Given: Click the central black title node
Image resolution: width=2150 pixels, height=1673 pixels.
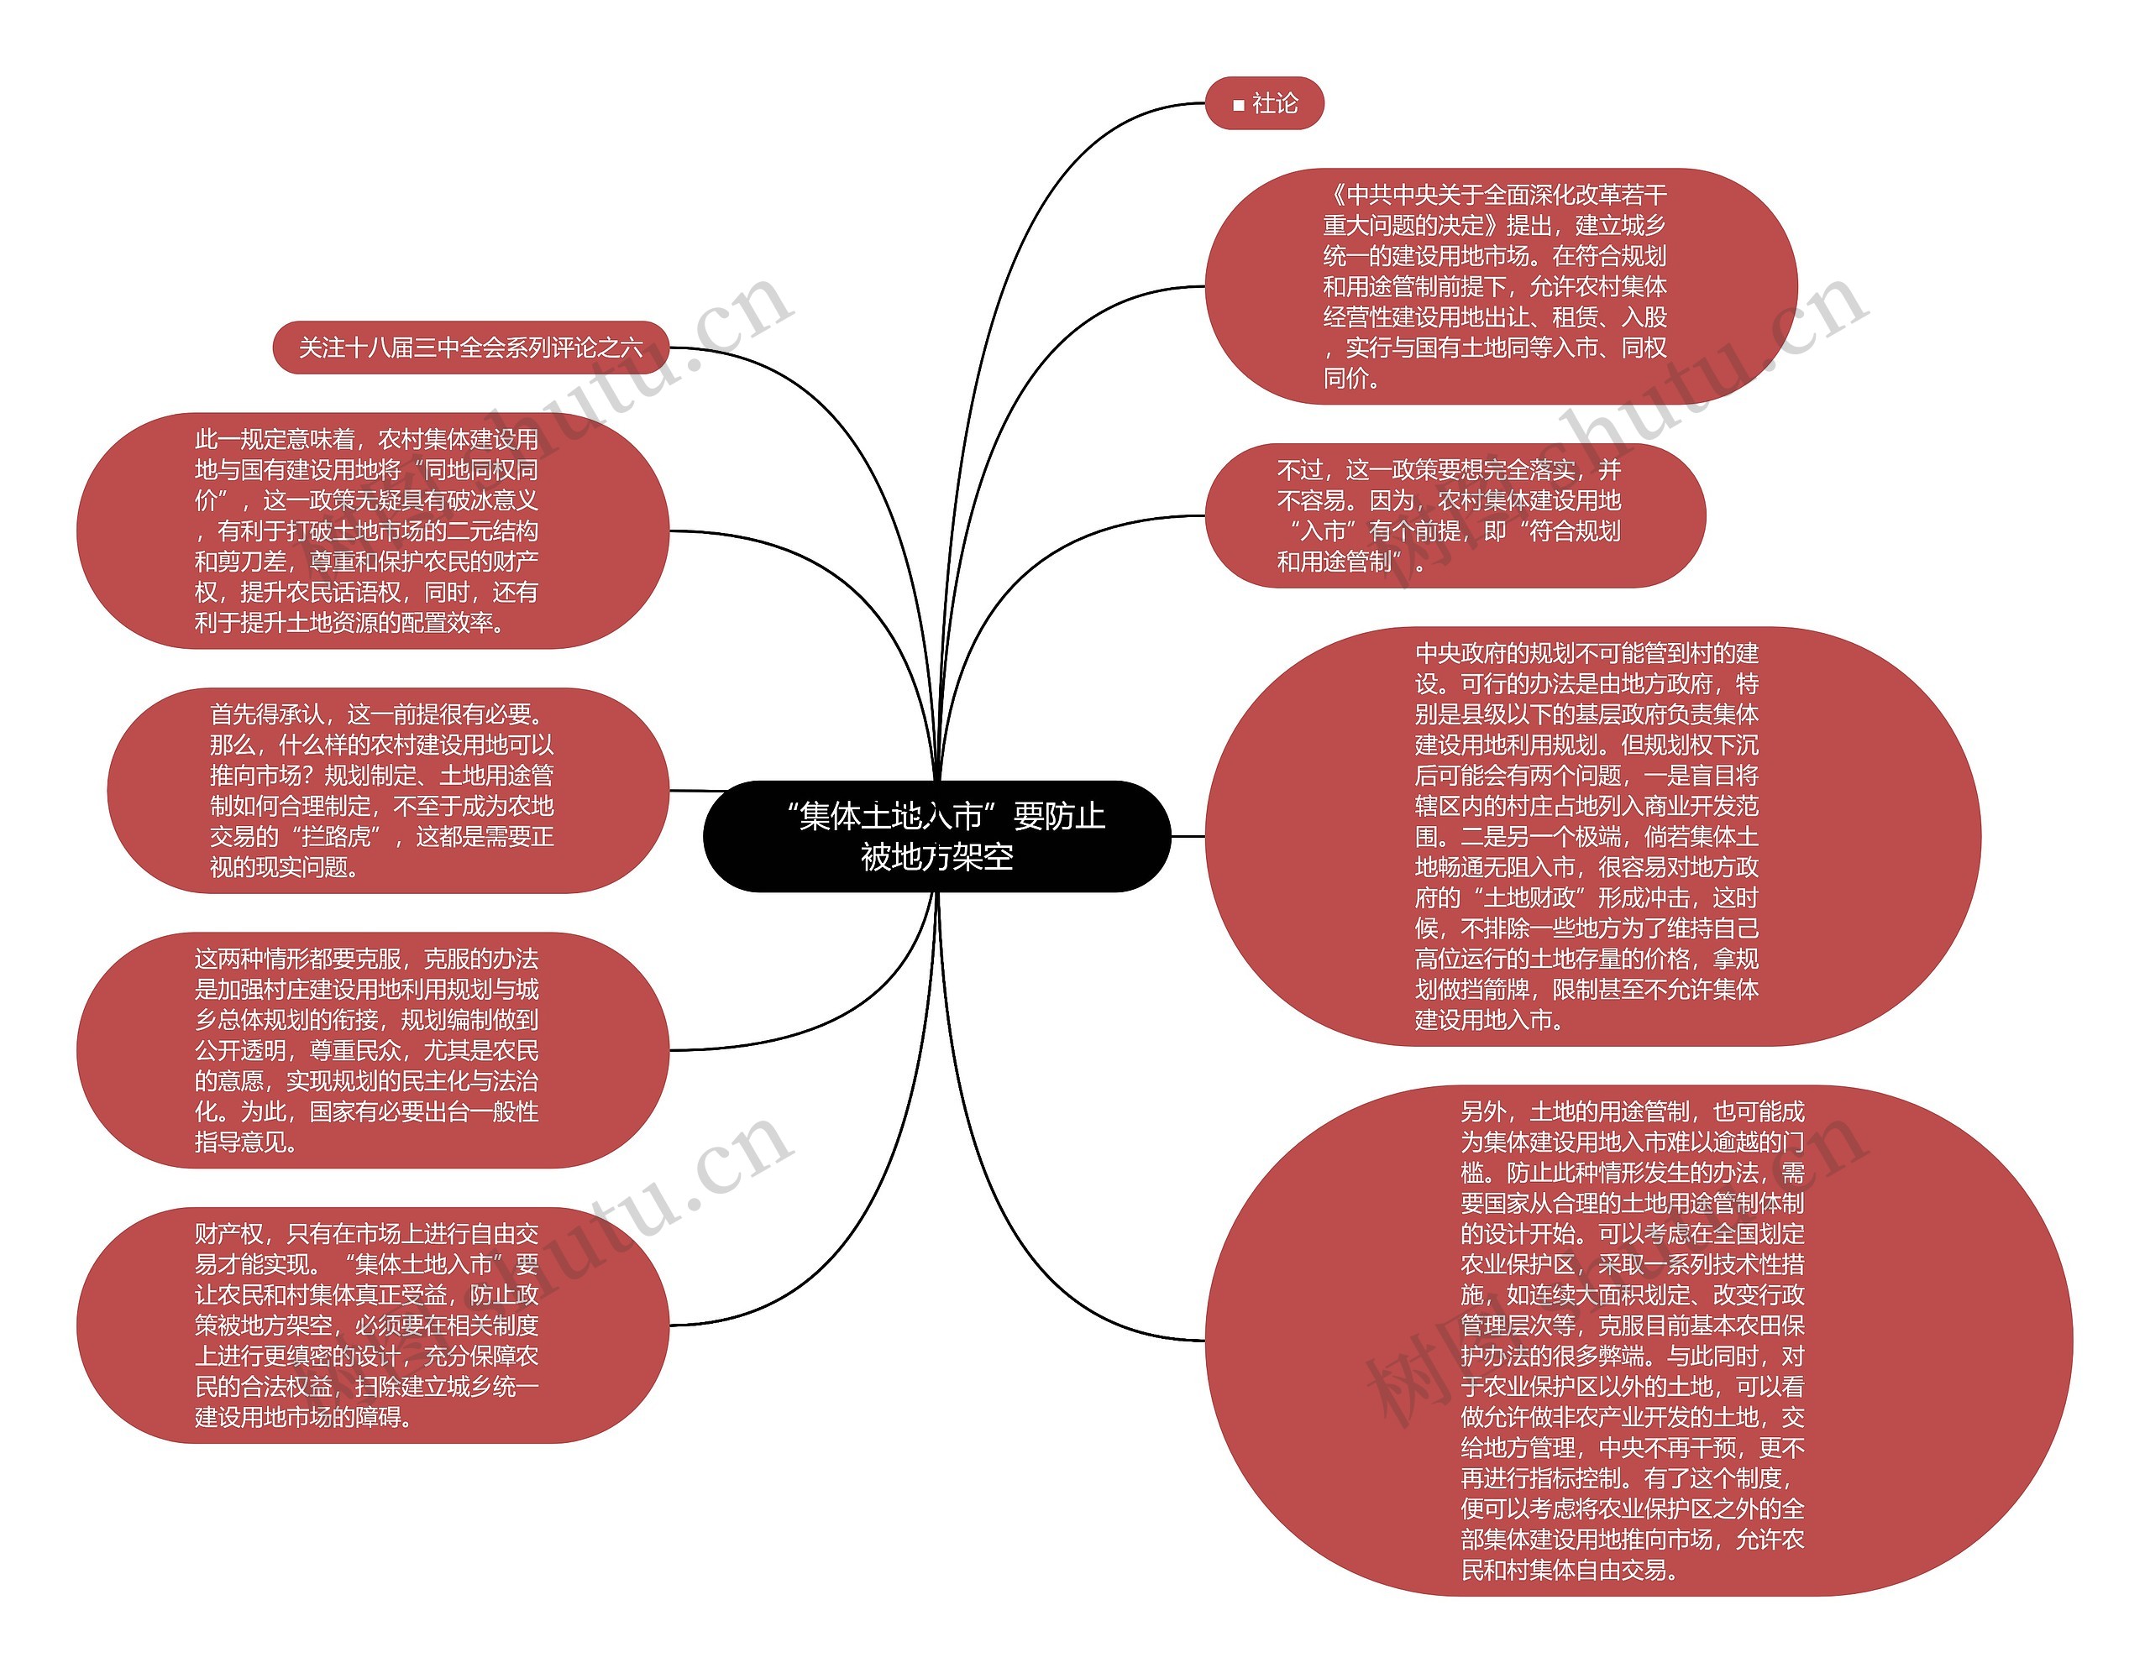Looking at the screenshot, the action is point(936,835).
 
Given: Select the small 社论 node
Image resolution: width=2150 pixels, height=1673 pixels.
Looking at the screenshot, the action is point(1264,103).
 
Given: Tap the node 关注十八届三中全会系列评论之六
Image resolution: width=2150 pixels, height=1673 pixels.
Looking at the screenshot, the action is point(470,348).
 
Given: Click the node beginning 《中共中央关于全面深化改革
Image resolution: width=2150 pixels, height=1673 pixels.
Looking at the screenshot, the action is point(1500,286).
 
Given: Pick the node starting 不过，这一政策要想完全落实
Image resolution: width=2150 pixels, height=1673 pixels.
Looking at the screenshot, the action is point(1454,515).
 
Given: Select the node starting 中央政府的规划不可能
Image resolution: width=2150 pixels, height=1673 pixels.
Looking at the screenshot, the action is point(1592,835).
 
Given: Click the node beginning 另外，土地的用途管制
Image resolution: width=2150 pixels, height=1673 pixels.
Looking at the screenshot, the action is point(1638,1340).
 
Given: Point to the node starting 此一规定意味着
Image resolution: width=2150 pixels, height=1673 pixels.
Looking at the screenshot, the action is point(372,531).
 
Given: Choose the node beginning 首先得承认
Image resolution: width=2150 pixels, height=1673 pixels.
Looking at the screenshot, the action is point(387,790).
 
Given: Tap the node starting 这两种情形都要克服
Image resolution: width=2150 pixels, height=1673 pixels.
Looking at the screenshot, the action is point(372,1050).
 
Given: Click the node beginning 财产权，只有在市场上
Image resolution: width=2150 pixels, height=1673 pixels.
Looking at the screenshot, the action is point(372,1325).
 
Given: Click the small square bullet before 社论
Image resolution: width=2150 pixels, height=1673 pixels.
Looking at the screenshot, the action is point(1239,104).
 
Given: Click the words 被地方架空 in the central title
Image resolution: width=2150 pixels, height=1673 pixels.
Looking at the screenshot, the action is point(936,857).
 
